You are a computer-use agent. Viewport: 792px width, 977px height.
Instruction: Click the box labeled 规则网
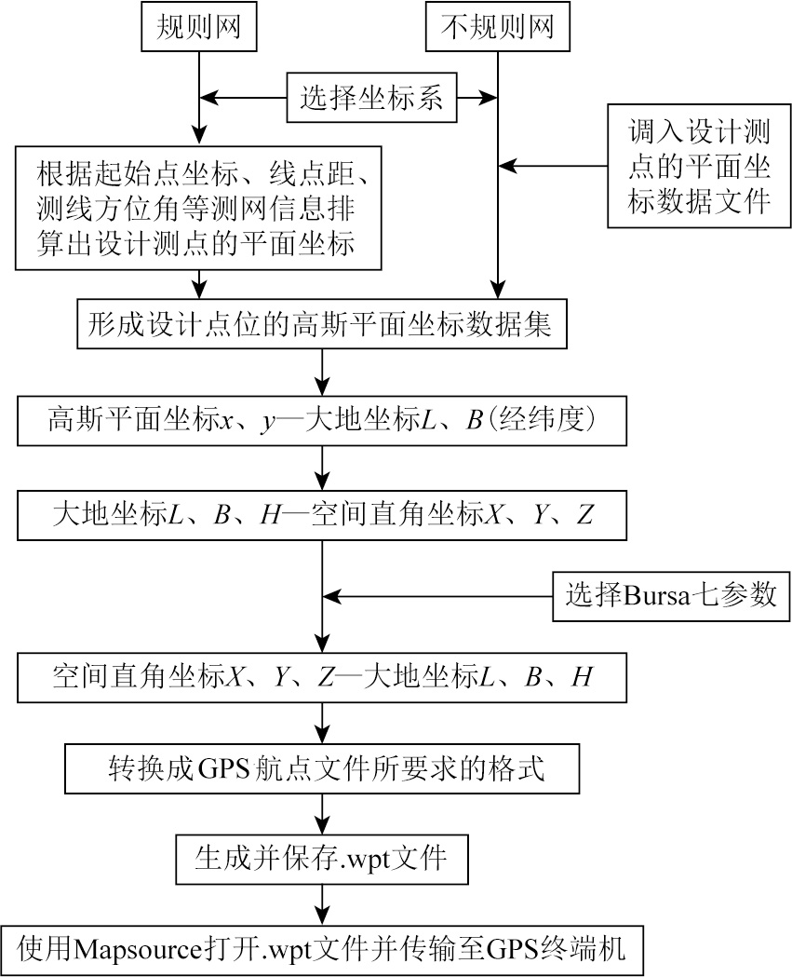pos(198,28)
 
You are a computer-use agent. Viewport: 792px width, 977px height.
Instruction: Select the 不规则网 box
pos(497,28)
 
